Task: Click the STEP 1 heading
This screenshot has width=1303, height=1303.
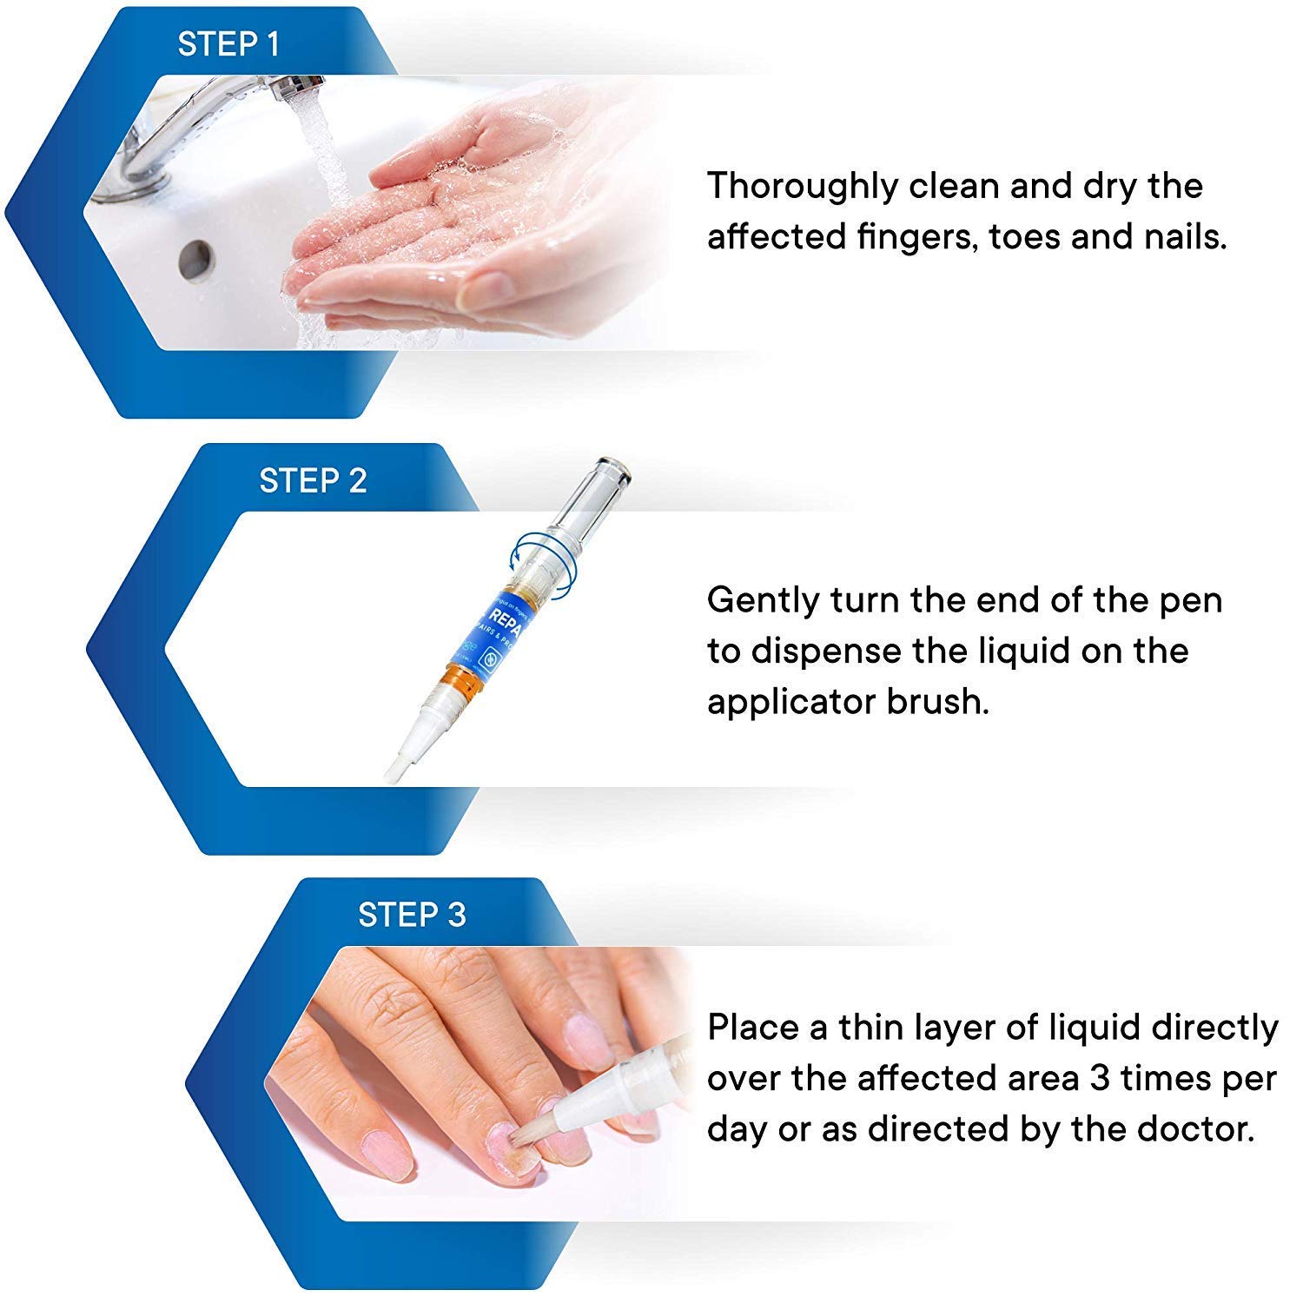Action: [x=228, y=44]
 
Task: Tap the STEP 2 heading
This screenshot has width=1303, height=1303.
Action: [x=313, y=480]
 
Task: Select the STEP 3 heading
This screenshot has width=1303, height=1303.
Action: [x=412, y=915]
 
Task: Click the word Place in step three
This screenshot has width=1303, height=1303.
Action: [x=752, y=1028]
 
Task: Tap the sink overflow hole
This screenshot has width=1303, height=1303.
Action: [x=196, y=257]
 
